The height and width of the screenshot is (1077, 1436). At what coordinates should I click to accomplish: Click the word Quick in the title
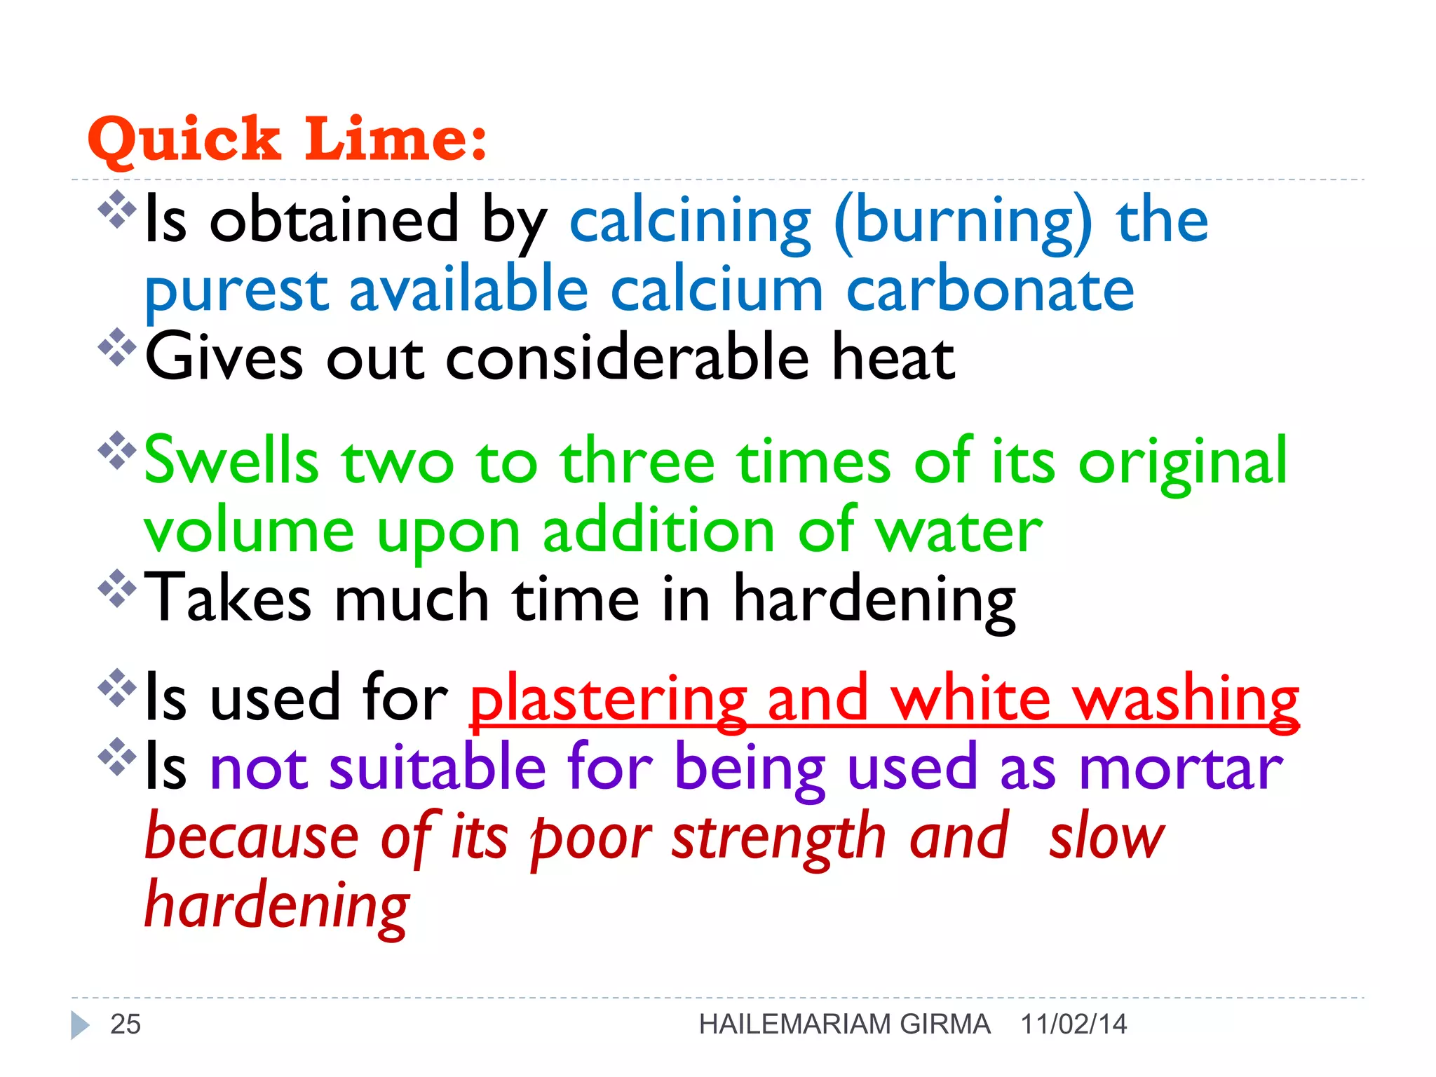pos(184,139)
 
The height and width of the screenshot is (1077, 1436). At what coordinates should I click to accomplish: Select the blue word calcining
pos(690,222)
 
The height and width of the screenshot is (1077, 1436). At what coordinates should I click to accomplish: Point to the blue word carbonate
pos(990,290)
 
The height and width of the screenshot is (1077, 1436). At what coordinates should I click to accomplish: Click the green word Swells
pos(231,461)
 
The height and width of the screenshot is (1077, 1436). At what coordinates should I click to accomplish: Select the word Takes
pos(228,599)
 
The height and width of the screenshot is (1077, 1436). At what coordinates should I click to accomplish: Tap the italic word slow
pos(1106,837)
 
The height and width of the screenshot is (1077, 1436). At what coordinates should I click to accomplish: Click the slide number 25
pos(126,1024)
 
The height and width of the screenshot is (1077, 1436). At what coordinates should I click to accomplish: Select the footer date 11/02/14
pos(1073,1024)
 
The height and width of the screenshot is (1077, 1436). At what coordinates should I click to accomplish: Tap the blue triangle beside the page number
pos(80,1025)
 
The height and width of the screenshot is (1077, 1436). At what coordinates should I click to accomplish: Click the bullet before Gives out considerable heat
pos(117,347)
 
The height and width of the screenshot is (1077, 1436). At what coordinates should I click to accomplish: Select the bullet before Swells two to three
pos(117,450)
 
